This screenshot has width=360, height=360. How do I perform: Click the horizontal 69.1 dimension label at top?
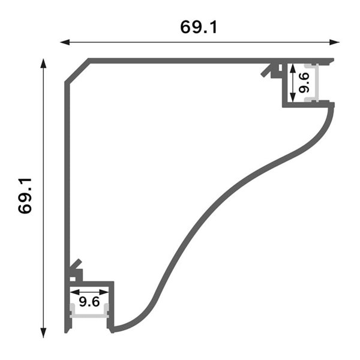click(x=198, y=27)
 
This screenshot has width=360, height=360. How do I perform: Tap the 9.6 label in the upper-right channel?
click(x=304, y=82)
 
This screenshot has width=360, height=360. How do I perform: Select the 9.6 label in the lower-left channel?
click(x=89, y=299)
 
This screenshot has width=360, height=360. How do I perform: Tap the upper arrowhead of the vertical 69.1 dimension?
click(x=43, y=62)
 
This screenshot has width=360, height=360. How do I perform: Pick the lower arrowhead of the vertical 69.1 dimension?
click(x=43, y=333)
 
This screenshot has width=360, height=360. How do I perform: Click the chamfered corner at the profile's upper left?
click(x=77, y=72)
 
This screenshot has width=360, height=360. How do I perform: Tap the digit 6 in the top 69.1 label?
click(x=187, y=27)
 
